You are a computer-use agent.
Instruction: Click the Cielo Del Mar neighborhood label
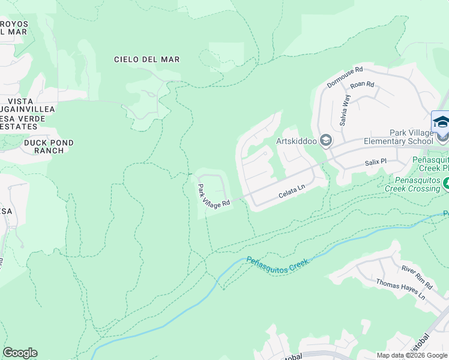(x=147, y=59)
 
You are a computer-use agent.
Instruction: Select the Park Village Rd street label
(x=214, y=196)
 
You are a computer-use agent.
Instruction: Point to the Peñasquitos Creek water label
(x=277, y=262)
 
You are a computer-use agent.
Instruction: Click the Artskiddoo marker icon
(x=326, y=141)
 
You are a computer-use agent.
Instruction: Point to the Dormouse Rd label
(x=345, y=77)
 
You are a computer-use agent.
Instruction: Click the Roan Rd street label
(x=362, y=85)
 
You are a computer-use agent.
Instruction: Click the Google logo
(x=20, y=353)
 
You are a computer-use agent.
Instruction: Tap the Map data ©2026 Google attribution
(x=412, y=355)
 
